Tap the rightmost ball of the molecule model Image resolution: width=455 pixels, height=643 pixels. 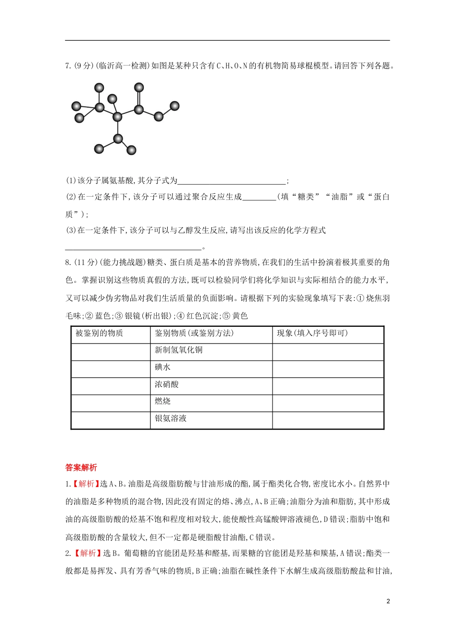(x=175, y=106)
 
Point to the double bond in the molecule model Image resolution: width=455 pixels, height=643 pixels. (x=139, y=99)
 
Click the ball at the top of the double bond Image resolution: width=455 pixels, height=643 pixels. (x=139, y=87)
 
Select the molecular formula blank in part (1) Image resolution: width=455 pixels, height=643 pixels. (x=231, y=181)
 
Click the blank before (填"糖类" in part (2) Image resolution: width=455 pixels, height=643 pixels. (x=259, y=198)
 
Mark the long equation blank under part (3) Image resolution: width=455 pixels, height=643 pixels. (x=133, y=248)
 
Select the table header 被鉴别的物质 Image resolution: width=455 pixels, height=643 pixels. (x=99, y=333)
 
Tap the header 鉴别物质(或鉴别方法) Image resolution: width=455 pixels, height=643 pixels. (x=194, y=333)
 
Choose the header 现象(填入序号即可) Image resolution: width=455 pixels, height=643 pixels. (x=312, y=333)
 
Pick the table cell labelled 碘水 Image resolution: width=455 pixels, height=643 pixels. (x=163, y=367)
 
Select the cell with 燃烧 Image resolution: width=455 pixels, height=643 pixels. (x=163, y=401)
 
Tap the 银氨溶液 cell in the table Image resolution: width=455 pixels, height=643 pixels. (x=171, y=419)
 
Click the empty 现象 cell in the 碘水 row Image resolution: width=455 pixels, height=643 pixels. (x=328, y=368)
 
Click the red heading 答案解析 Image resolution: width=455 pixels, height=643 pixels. (x=81, y=468)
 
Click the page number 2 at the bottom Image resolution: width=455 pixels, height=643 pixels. (x=388, y=601)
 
